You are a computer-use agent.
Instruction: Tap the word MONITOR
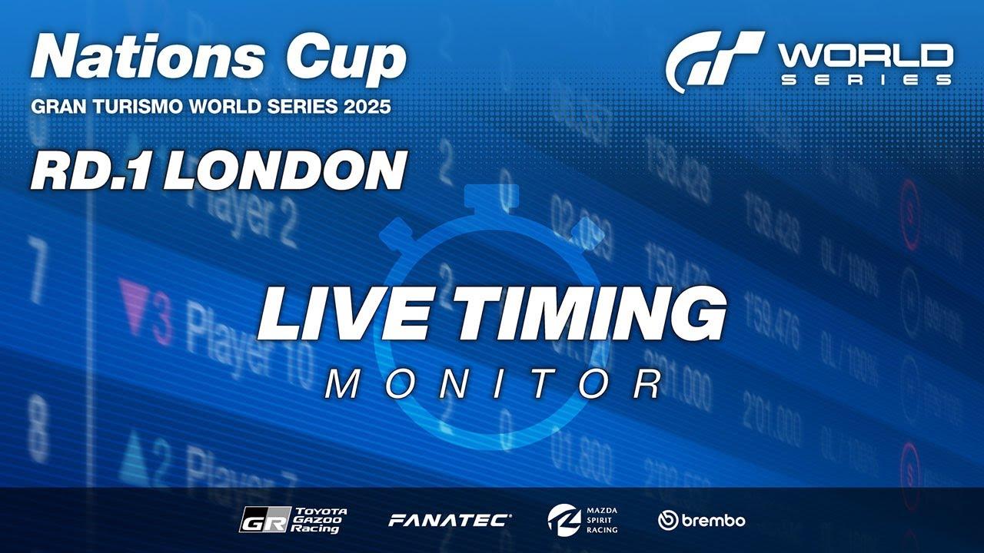pos(492,384)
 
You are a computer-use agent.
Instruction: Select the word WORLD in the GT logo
pos(865,55)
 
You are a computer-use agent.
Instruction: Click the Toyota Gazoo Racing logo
pos(293,520)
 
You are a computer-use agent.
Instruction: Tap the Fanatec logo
pos(450,520)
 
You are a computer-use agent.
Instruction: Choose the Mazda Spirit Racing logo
pos(582,520)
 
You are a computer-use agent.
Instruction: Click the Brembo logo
pos(701,520)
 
